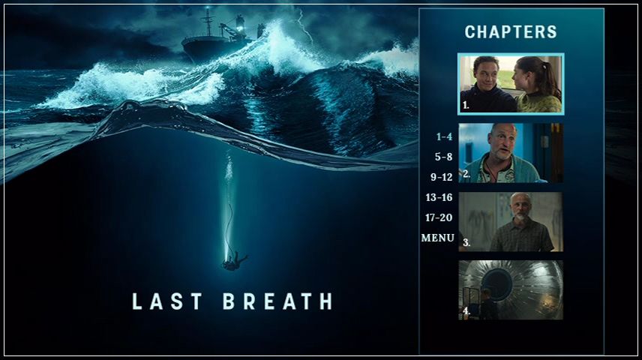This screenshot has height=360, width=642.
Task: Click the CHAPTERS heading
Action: point(511,32)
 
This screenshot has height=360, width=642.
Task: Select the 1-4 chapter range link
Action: point(444,136)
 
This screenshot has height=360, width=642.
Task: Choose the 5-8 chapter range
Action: point(443,157)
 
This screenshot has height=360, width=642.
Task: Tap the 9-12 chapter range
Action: point(441,177)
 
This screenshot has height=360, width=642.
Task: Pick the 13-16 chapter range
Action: point(439,197)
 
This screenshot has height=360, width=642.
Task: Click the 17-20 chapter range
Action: point(439,217)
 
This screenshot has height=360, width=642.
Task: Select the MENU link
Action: point(438,238)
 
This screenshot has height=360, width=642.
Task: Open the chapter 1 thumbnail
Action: point(511,84)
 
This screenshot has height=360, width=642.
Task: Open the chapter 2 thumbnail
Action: point(511,153)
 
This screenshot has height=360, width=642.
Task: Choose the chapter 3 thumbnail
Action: point(511,221)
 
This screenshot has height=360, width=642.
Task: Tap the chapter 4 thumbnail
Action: point(511,290)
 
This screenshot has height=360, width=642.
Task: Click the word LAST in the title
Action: point(167,301)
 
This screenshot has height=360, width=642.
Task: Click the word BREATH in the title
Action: point(278,301)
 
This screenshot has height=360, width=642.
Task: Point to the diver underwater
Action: point(235,261)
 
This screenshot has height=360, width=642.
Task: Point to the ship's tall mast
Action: point(208,22)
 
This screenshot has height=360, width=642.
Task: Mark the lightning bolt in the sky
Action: point(305,26)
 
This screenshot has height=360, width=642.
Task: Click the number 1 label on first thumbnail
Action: point(466,106)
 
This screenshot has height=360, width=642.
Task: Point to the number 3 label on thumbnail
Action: point(466,242)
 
